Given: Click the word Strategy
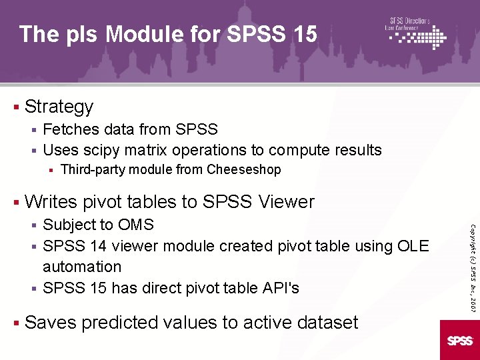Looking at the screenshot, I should click(59, 107).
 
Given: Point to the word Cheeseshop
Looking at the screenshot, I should click(244, 170).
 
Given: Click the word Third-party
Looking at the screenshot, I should click(93, 170).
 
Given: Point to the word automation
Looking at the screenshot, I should click(82, 267).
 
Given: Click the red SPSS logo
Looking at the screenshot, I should click(459, 341).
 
